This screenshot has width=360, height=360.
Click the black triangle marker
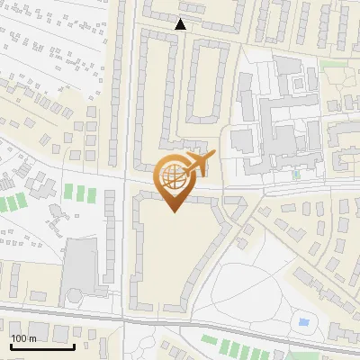tap(181, 24)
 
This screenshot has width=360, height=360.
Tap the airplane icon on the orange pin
tap(198, 164)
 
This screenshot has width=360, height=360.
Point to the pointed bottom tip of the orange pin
tap(174, 211)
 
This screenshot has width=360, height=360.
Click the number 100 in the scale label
tap(20, 338)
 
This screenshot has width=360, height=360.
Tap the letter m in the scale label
tap(32, 338)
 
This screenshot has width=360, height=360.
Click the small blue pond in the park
tap(302, 321)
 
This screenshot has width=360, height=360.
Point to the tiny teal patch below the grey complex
tap(295, 175)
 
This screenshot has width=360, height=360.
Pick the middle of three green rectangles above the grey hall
tap(78, 193)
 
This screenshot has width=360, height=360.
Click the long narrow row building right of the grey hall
tap(110, 247)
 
